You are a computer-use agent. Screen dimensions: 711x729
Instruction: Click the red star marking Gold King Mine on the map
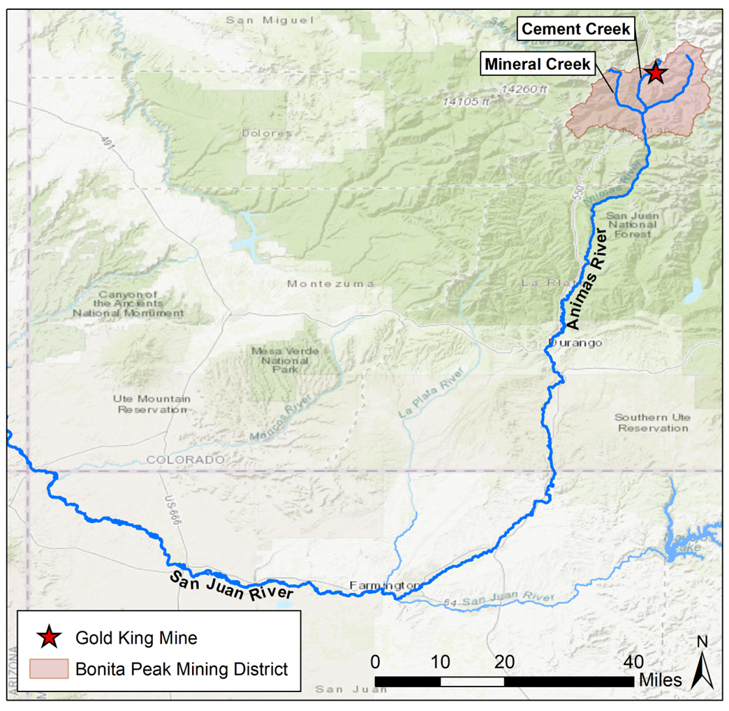point(655,73)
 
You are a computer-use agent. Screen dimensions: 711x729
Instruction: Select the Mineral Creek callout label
point(537,65)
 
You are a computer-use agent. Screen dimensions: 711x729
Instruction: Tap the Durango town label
point(575,344)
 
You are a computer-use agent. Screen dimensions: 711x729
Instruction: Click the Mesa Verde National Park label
point(284,359)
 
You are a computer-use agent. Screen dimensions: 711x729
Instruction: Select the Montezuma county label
point(330,284)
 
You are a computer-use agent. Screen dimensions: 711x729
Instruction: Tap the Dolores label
point(267,133)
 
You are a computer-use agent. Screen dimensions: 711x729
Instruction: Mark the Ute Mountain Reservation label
point(152,404)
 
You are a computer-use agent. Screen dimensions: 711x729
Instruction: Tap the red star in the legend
point(48,637)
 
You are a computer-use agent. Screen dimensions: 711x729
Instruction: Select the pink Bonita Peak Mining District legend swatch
point(48,668)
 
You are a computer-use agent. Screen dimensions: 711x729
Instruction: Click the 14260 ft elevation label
point(525,89)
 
